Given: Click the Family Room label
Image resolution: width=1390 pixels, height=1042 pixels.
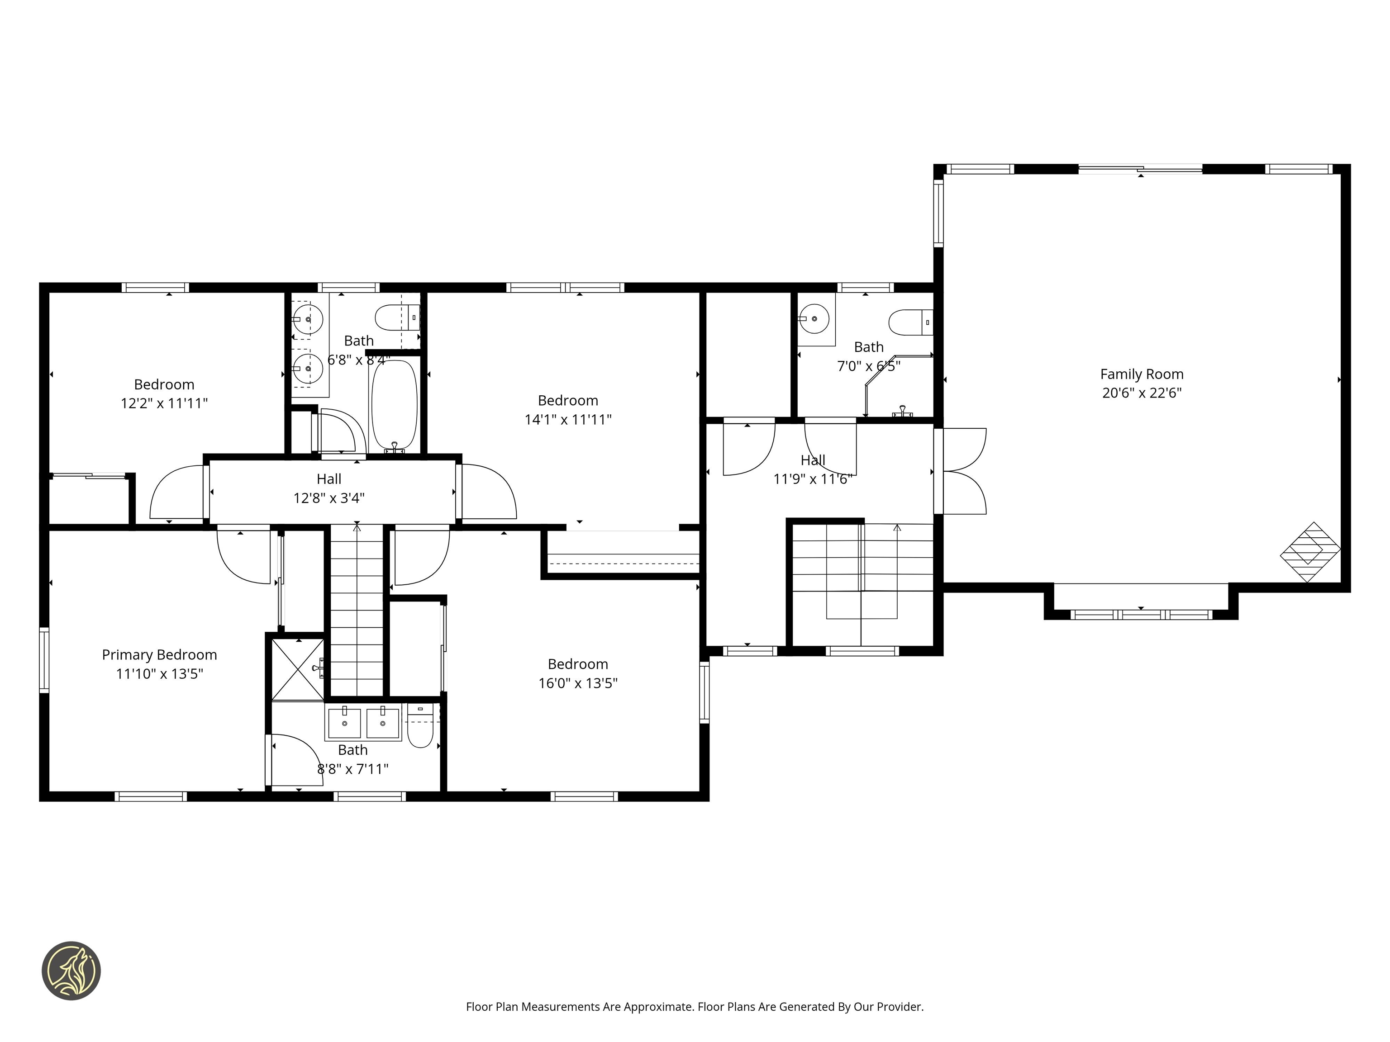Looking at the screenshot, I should click(x=1141, y=374).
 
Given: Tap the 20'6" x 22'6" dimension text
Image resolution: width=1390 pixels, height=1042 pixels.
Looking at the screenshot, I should click(x=1141, y=393).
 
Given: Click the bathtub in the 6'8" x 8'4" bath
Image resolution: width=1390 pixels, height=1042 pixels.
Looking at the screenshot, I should click(x=395, y=403).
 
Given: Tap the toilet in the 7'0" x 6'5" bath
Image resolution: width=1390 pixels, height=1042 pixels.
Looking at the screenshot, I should click(x=910, y=322).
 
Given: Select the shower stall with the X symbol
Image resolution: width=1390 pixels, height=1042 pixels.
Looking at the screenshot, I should click(x=298, y=669).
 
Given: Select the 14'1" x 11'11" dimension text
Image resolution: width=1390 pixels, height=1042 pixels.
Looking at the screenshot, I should click(x=568, y=420).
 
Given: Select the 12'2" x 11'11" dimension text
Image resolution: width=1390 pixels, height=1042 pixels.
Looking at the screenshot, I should click(x=164, y=403).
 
